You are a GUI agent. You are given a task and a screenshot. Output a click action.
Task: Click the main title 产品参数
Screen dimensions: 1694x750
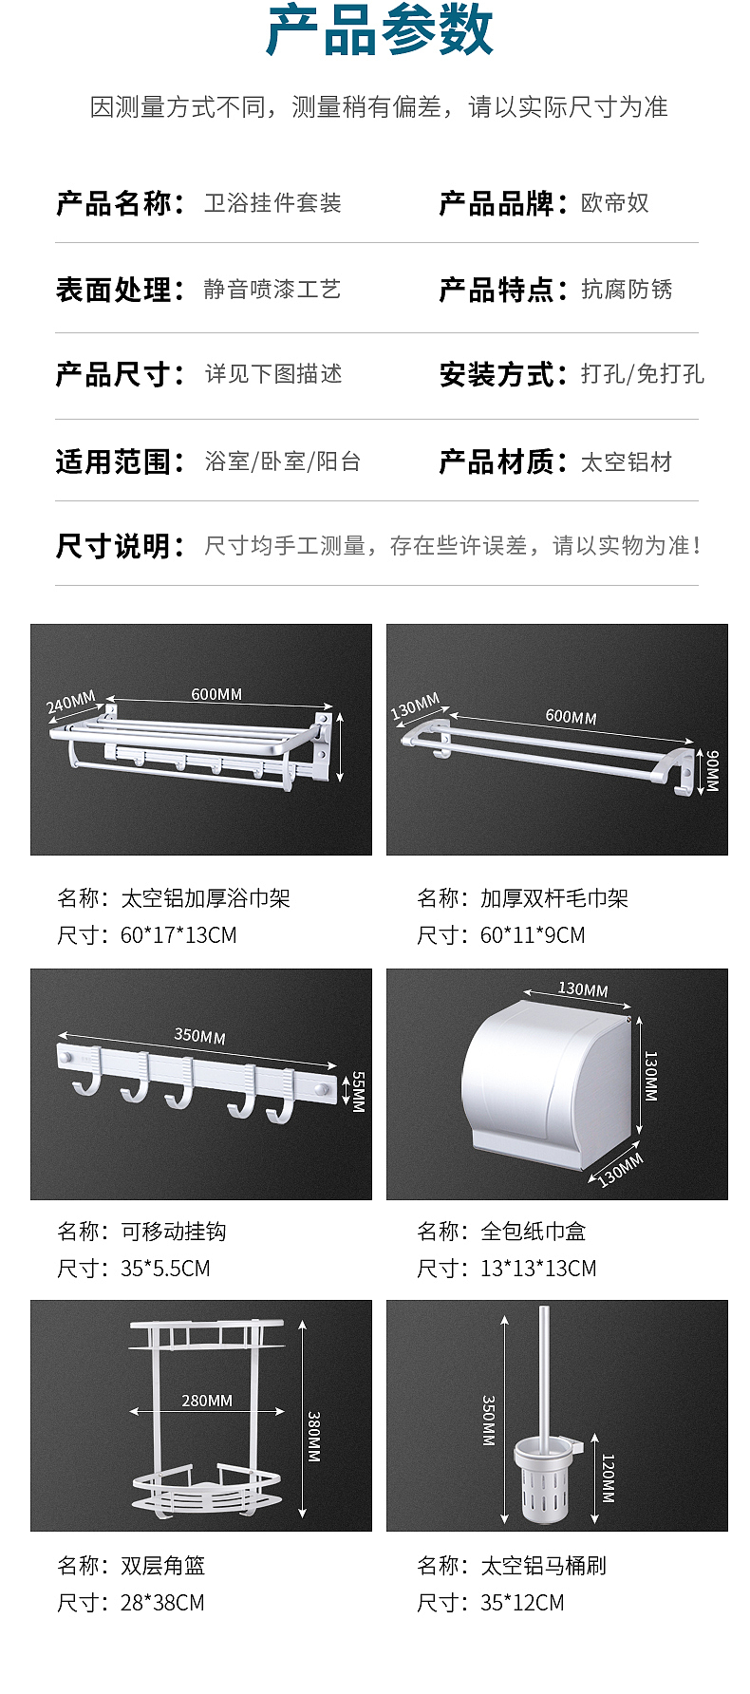380,30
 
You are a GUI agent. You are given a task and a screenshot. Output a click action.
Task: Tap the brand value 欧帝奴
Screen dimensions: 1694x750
614,203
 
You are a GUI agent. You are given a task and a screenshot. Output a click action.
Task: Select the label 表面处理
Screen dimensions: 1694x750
113,290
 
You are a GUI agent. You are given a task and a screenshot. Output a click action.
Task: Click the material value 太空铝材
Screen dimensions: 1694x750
626,462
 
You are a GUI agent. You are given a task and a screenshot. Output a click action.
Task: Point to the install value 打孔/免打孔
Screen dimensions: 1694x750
642,374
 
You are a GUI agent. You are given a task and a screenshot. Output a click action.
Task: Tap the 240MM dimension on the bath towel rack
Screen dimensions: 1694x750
71,703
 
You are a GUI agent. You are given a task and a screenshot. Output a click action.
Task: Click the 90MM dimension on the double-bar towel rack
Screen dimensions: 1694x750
711,770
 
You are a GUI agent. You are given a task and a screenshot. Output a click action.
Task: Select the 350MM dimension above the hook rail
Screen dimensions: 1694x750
199,1036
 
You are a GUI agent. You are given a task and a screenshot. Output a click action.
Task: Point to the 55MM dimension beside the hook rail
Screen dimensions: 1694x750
358,1092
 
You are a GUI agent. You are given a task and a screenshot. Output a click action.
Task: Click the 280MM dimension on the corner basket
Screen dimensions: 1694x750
207,1401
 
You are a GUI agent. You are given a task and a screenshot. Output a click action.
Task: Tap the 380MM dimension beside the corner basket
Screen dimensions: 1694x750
314,1437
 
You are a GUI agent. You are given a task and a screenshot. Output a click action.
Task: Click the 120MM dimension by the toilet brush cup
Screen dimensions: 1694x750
608,1478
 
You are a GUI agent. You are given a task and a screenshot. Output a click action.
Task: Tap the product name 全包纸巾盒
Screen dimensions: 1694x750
533,1232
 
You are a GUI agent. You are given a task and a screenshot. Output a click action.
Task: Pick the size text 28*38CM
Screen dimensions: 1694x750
162,1603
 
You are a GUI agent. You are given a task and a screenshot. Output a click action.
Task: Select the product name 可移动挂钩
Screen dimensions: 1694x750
173,1232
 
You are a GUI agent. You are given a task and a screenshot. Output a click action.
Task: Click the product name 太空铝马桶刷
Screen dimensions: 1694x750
543,1566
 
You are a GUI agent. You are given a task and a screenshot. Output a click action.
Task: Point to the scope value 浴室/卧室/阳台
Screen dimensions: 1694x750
283,462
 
